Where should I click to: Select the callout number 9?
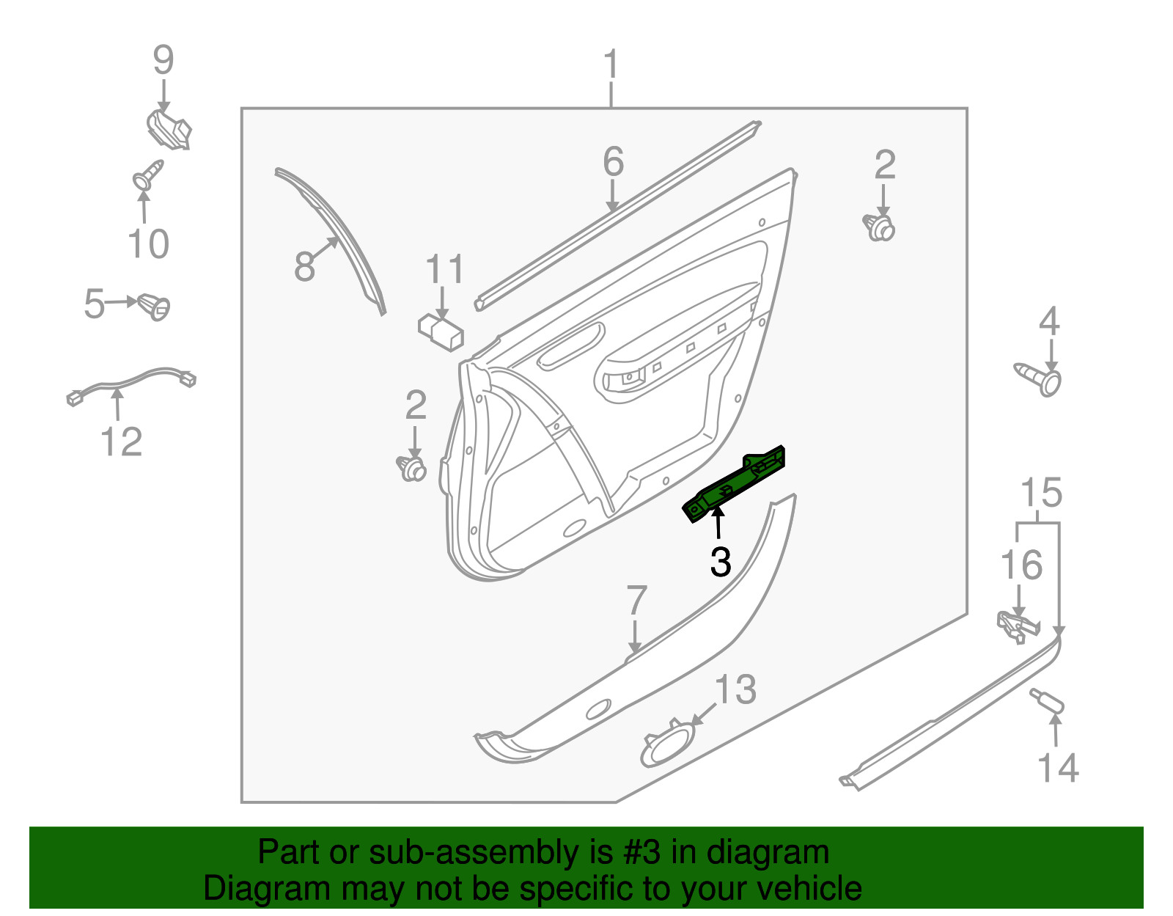163,60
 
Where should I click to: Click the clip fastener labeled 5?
154,305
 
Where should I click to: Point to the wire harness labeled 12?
132,381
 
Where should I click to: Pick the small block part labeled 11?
441,332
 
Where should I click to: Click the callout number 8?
304,265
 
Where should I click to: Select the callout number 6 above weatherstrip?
613,162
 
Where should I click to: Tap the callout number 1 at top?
611,66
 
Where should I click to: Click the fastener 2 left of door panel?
412,467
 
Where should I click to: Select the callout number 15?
1041,493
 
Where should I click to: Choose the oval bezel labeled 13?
667,744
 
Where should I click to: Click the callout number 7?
636,601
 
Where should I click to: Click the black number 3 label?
721,563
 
